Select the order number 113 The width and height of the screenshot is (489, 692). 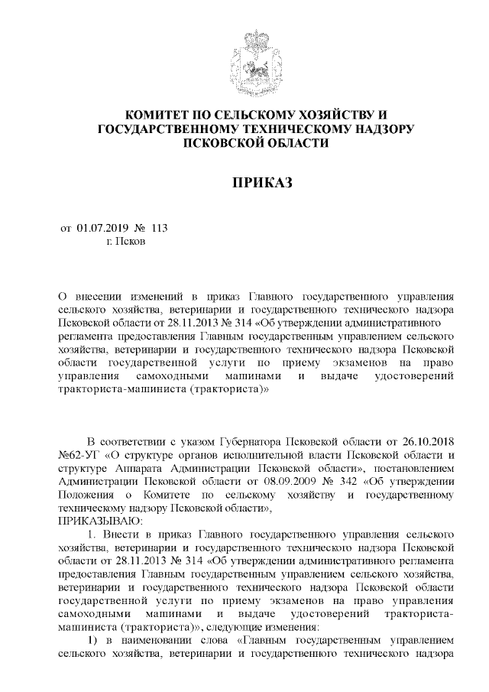coord(159,228)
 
